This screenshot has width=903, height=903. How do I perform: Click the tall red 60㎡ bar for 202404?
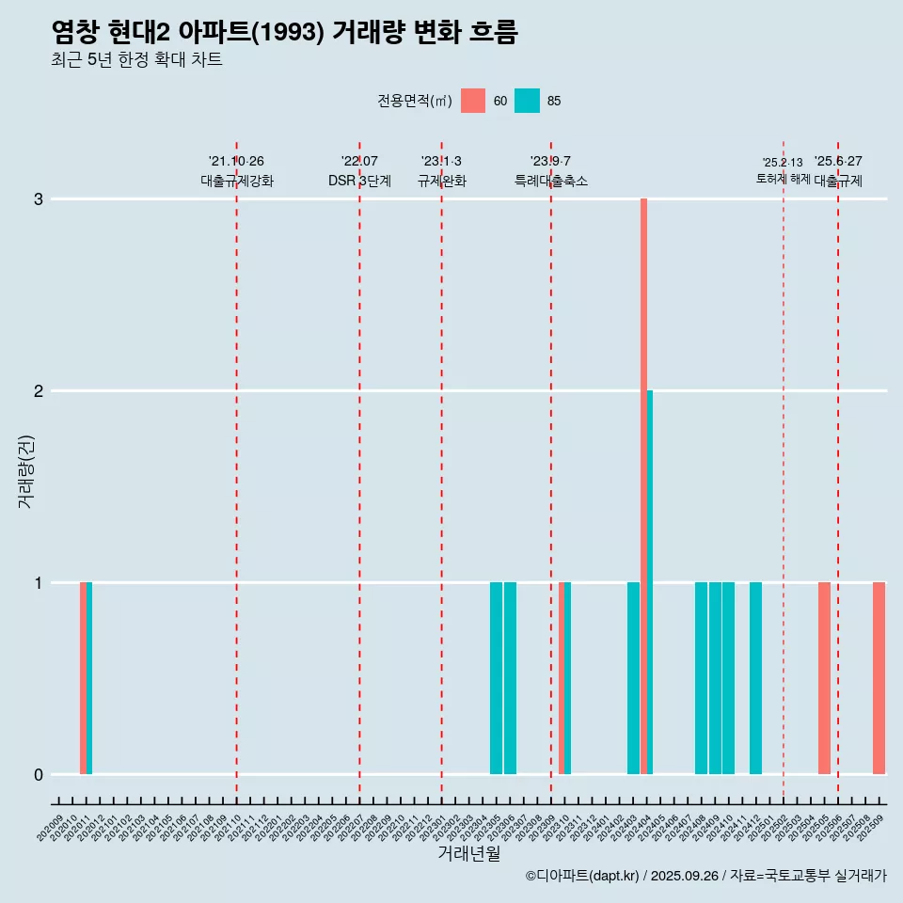pyautogui.click(x=643, y=486)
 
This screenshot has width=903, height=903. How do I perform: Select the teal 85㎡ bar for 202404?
pyautogui.click(x=650, y=582)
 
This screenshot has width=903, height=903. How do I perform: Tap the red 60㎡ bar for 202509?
pyautogui.click(x=879, y=678)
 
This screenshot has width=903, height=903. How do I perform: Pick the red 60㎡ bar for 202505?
pyautogui.click(x=824, y=678)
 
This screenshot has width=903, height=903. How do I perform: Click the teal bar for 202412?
pyautogui.click(x=755, y=678)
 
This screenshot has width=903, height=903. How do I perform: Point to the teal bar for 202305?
pyautogui.click(x=496, y=678)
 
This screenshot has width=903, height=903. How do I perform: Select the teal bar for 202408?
pyautogui.click(x=701, y=678)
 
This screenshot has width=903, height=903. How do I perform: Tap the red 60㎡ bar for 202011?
pyautogui.click(x=83, y=678)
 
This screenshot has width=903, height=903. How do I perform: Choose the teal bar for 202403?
pyautogui.click(x=633, y=678)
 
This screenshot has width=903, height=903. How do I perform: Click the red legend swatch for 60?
pyautogui.click(x=473, y=101)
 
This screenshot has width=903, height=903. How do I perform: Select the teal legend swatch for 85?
pyautogui.click(x=528, y=101)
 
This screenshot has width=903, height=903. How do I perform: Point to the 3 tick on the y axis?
pyautogui.click(x=39, y=199)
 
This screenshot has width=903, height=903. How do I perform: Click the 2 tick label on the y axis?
pyautogui.click(x=39, y=391)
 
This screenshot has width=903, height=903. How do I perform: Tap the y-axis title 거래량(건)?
pyautogui.click(x=25, y=470)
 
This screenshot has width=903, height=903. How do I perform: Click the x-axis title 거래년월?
pyautogui.click(x=468, y=853)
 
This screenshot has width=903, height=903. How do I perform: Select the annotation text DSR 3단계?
pyautogui.click(x=359, y=181)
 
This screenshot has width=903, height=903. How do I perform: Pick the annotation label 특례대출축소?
pyautogui.click(x=551, y=181)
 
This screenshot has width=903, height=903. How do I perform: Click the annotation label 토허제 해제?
pyautogui.click(x=783, y=179)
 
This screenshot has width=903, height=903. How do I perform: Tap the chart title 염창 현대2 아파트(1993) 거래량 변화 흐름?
pyautogui.click(x=285, y=33)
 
